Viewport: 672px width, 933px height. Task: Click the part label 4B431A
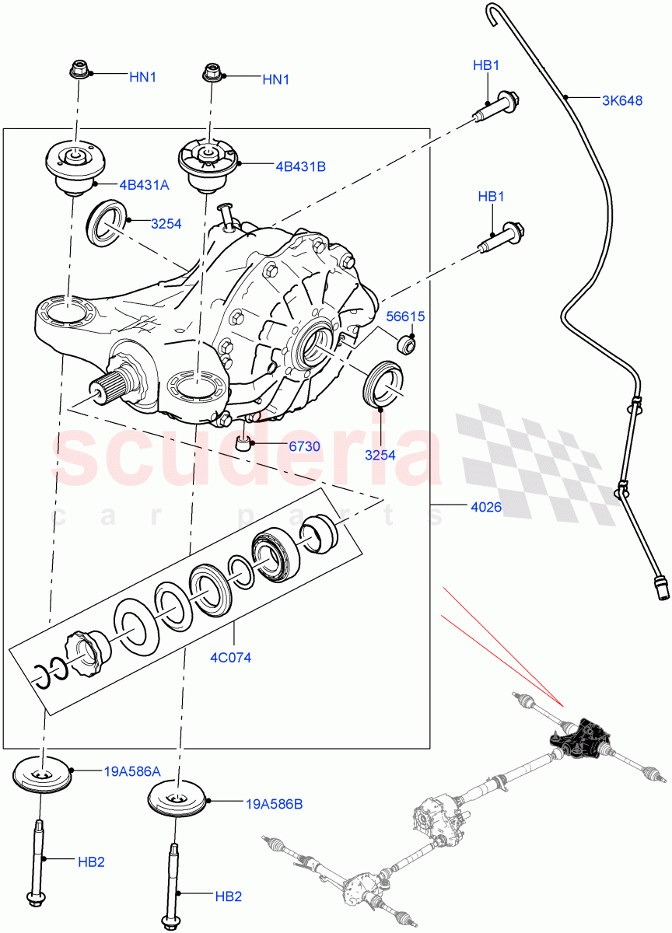144,185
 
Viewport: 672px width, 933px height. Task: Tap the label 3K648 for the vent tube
621,100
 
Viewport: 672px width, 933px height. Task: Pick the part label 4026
485,507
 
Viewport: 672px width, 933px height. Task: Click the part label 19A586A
132,771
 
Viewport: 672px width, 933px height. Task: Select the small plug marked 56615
407,343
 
